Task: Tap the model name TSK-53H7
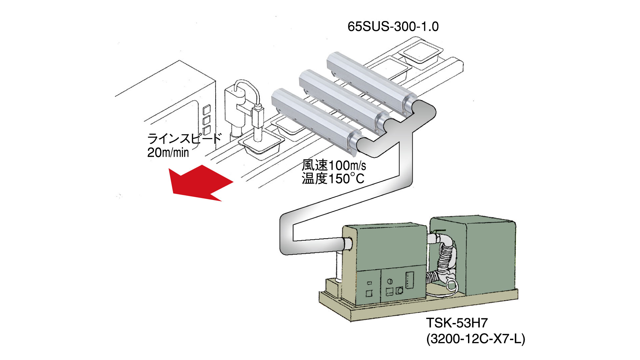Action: tap(457, 323)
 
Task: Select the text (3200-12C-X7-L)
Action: tap(475, 339)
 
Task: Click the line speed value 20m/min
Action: tap(168, 153)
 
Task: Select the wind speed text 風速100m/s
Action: tap(334, 165)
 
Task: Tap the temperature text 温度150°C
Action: tap(333, 179)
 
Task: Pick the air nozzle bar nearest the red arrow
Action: tap(313, 118)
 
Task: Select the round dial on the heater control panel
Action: tap(390, 282)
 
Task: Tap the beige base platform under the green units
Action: tap(417, 308)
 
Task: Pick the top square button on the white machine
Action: tap(207, 109)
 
